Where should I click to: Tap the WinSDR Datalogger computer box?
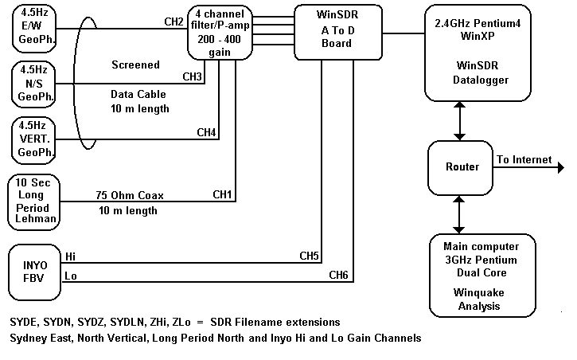(476, 51)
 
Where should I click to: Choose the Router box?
(462, 166)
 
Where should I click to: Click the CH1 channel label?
(223, 194)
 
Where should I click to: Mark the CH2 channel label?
(173, 20)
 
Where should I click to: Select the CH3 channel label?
(193, 76)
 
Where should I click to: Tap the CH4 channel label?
(206, 131)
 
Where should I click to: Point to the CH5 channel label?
(309, 256)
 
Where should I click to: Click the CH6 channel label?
(339, 275)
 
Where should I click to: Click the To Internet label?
(524, 159)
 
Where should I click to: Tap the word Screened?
(135, 65)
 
